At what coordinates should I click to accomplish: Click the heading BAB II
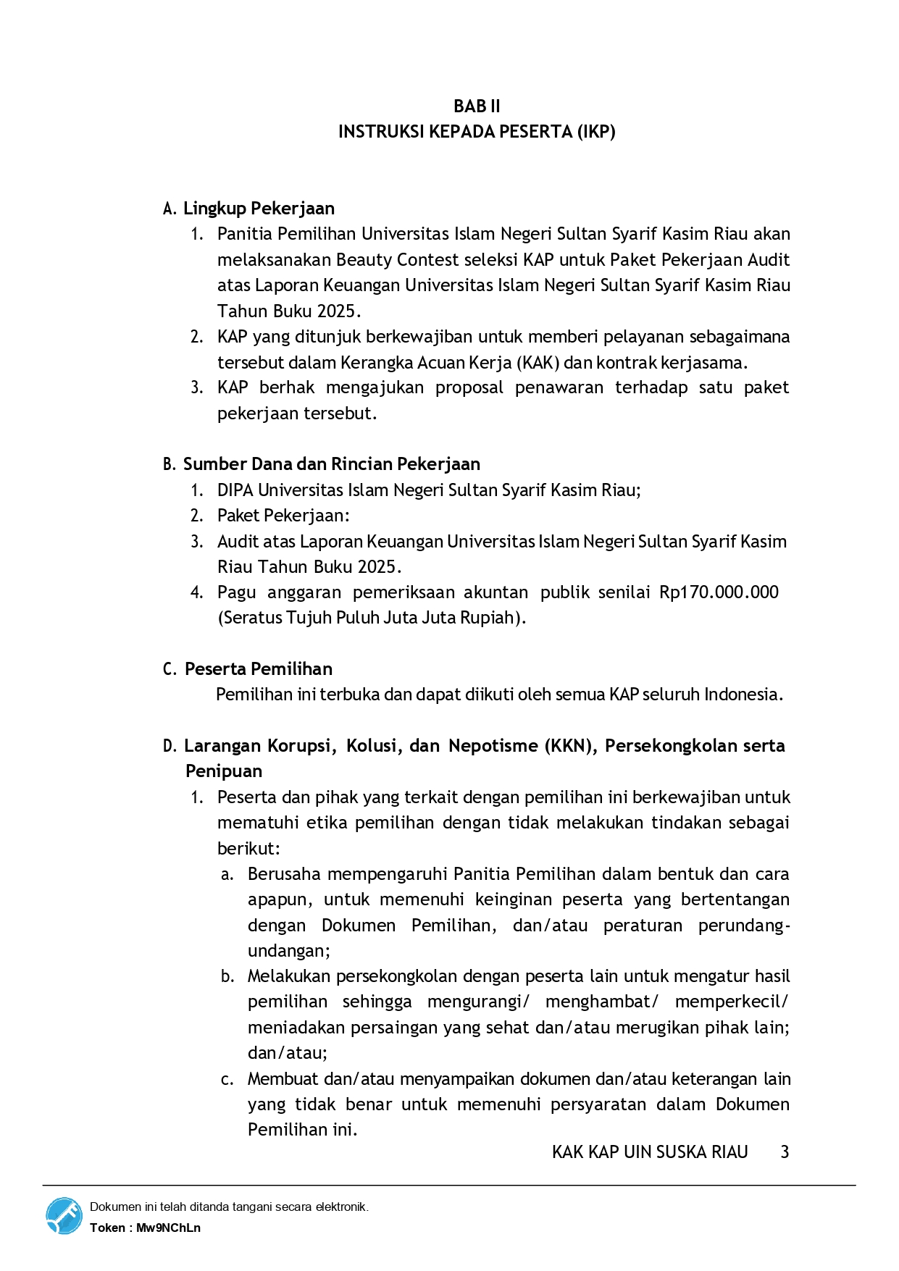[x=476, y=106]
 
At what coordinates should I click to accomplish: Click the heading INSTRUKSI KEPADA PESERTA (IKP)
[x=476, y=132]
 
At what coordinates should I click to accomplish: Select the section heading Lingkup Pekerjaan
[x=259, y=209]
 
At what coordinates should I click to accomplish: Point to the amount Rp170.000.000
[x=718, y=592]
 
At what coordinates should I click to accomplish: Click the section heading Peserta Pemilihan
[x=258, y=669]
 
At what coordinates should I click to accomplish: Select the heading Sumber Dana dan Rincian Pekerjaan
[x=331, y=464]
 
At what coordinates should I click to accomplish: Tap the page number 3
[x=785, y=1152]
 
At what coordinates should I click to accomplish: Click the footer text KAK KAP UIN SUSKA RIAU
[x=649, y=1152]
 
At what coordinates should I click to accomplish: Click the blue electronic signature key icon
[x=64, y=1216]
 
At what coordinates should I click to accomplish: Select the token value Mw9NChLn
[x=168, y=1228]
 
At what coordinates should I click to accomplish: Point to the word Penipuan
[x=223, y=771]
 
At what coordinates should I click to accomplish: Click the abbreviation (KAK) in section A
[x=538, y=362]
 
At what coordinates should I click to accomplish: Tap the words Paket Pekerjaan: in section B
[x=283, y=516]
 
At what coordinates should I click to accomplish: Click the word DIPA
[x=235, y=490]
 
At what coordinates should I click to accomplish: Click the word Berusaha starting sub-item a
[x=283, y=874]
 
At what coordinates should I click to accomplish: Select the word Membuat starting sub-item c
[x=283, y=1079]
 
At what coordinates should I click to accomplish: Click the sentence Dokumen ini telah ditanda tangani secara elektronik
[x=229, y=1207]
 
